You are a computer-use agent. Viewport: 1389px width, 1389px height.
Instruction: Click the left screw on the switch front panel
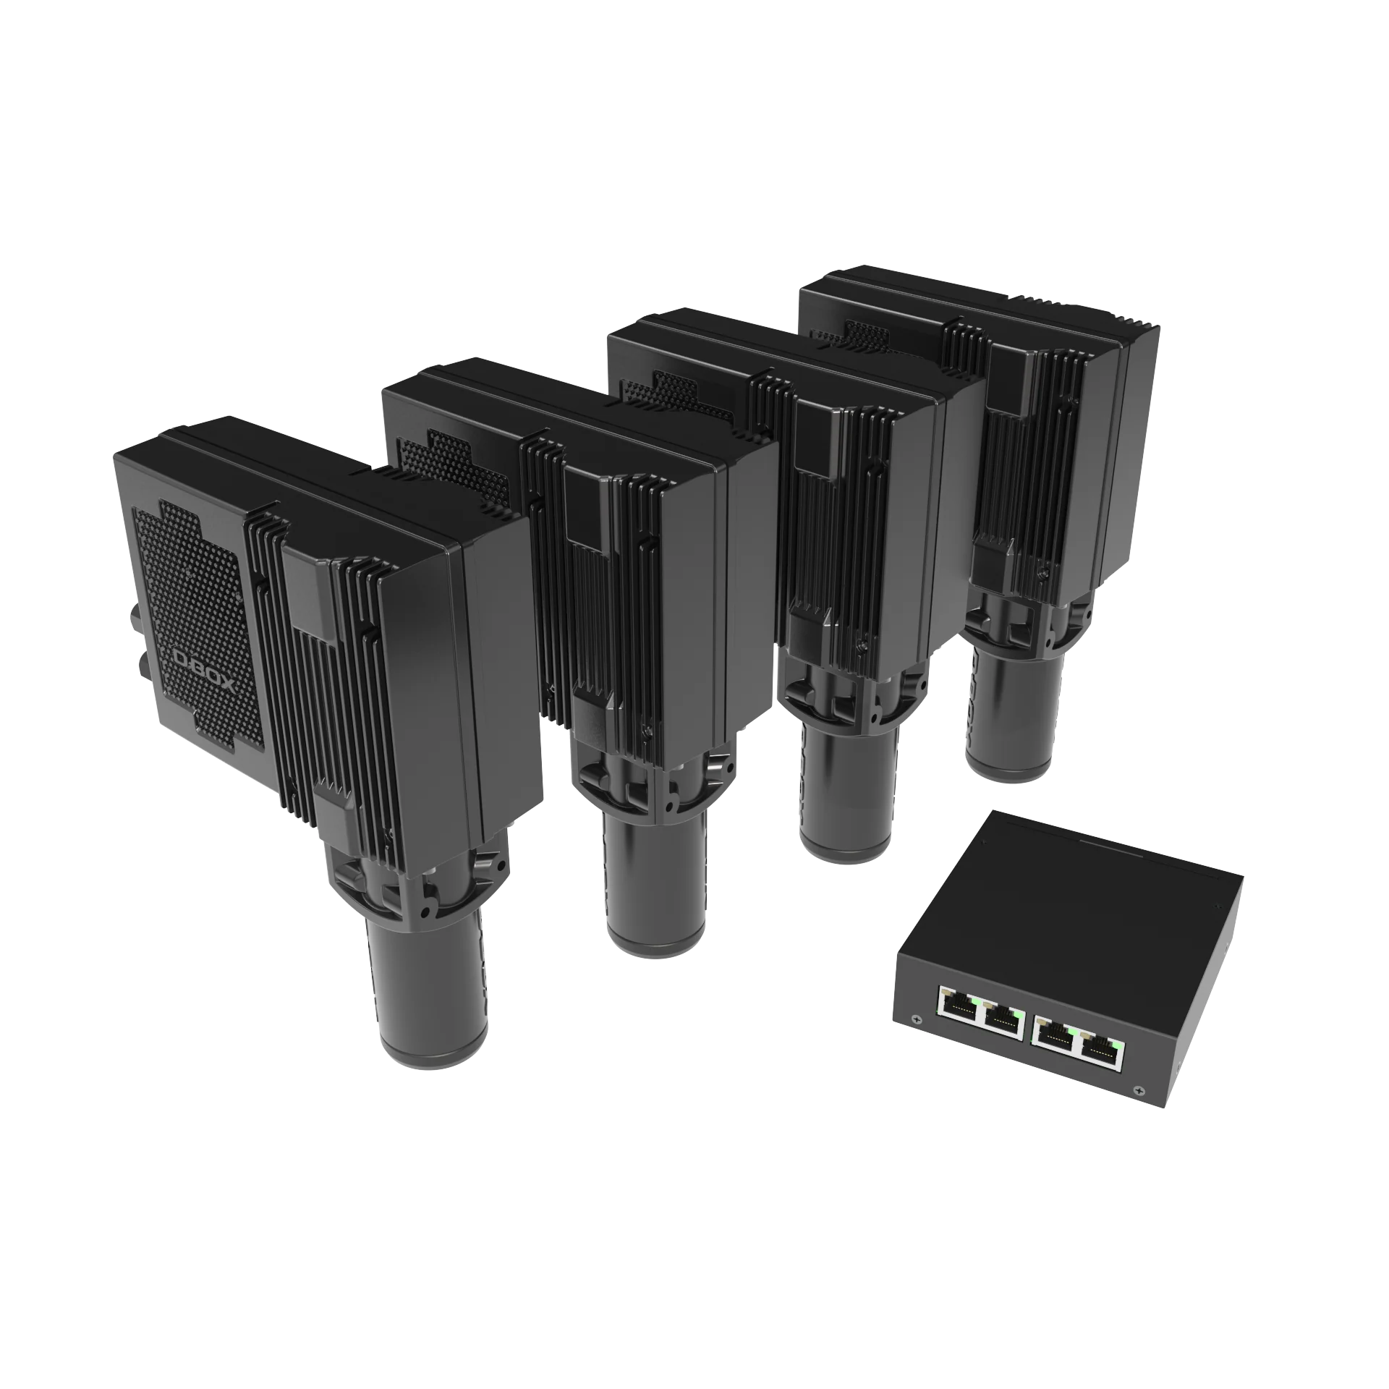pos(919,1021)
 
